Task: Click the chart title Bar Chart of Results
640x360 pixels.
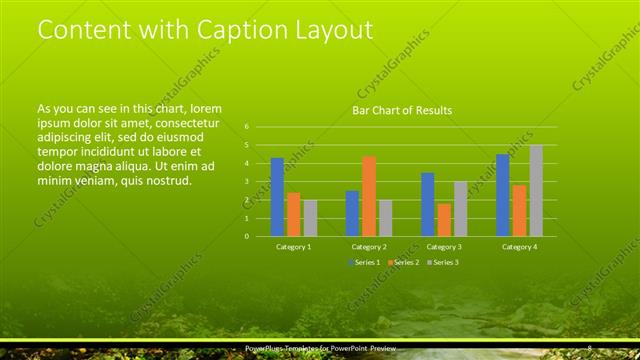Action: (401, 110)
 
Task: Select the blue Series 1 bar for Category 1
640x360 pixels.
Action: (277, 197)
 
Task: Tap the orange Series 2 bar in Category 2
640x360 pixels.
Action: (368, 196)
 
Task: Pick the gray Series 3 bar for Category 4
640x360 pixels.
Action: (536, 191)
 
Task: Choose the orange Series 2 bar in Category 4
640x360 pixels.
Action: (519, 210)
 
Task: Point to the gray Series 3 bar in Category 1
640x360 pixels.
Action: (309, 218)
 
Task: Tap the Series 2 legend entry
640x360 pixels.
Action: (402, 262)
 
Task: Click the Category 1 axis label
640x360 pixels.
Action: (293, 246)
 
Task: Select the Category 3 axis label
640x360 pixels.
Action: (443, 246)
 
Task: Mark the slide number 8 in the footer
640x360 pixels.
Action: (590, 348)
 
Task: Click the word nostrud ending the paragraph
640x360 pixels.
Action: (164, 181)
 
